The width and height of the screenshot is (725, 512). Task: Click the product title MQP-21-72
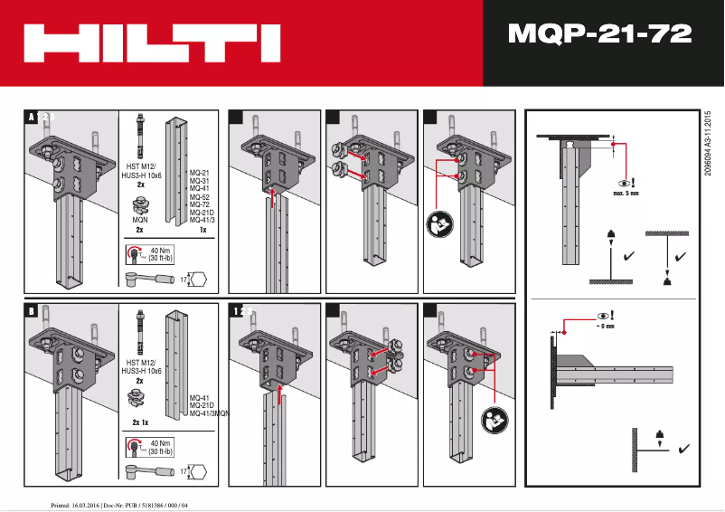pyautogui.click(x=600, y=34)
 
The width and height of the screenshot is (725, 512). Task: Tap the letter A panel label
pyautogui.click(x=31, y=117)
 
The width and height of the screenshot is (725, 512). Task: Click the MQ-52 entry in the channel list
pyautogui.click(x=200, y=196)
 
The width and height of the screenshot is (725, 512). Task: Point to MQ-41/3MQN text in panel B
pyautogui.click(x=209, y=413)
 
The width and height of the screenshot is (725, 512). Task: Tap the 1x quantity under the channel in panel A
pyautogui.click(x=203, y=231)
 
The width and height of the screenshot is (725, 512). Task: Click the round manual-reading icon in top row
pyautogui.click(x=437, y=222)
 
